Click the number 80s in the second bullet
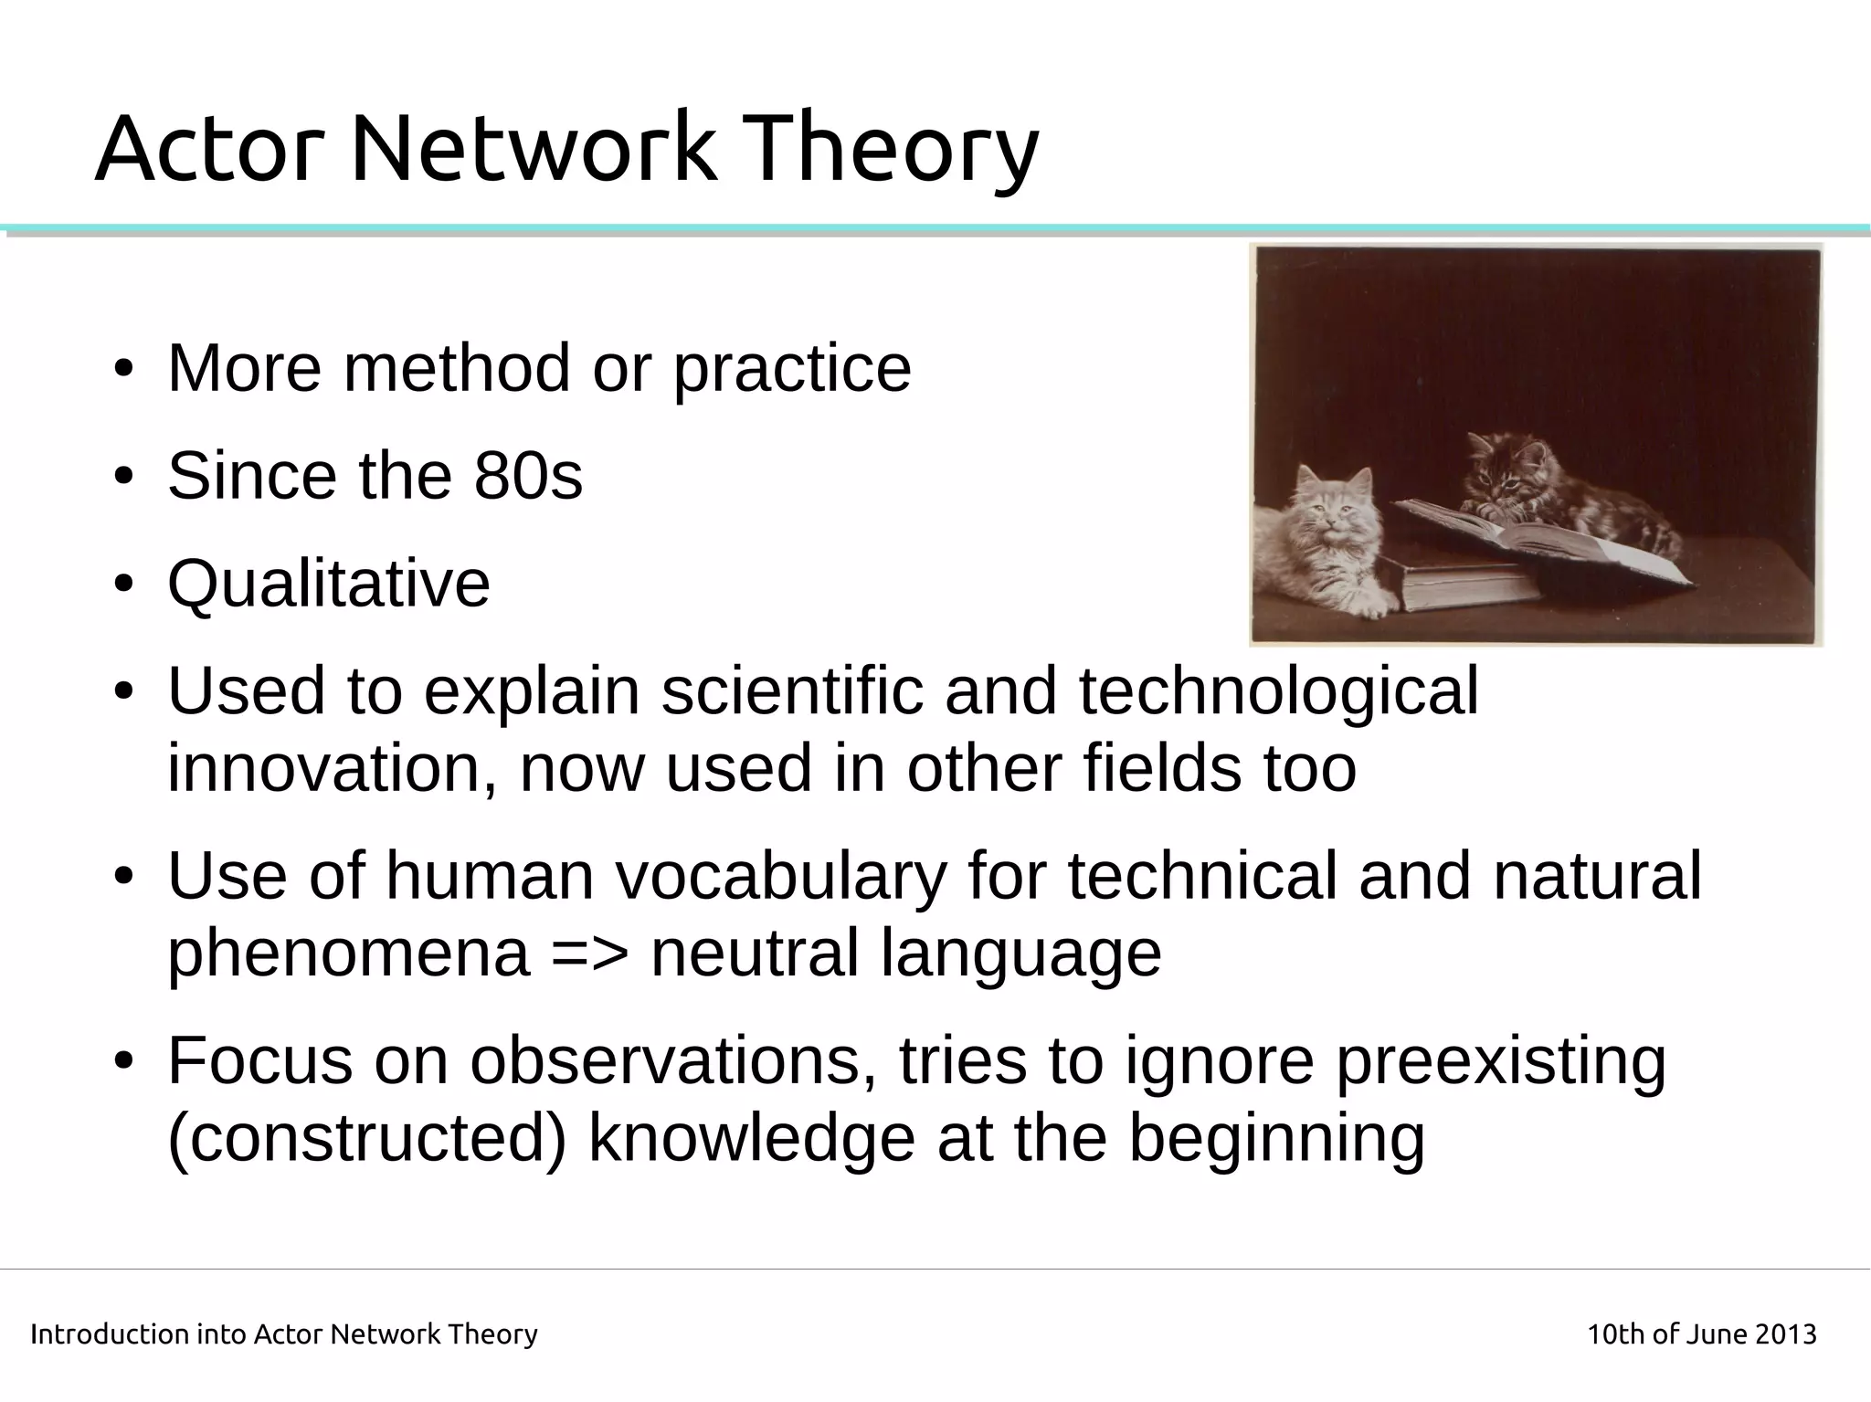tap(528, 476)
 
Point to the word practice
tap(792, 370)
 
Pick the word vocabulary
tap(780, 875)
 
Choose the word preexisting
tap(1501, 1062)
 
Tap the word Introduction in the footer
tap(109, 1334)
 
